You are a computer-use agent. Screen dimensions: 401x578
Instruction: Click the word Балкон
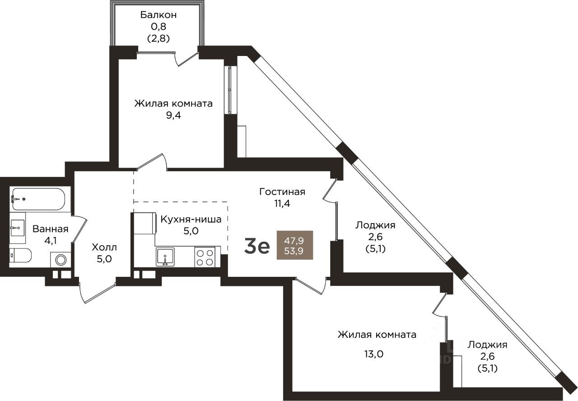pyautogui.click(x=158, y=15)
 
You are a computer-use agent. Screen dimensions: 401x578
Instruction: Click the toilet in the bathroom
pyautogui.click(x=20, y=256)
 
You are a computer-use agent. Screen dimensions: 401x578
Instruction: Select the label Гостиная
pyautogui.click(x=282, y=191)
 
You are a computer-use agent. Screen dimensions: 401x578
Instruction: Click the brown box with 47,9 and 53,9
pyautogui.click(x=294, y=244)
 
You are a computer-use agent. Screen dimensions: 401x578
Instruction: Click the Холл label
pyautogui.click(x=104, y=247)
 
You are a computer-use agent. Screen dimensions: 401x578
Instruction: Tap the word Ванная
pyautogui.click(x=50, y=228)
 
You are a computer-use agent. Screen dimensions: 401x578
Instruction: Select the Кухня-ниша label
pyautogui.click(x=191, y=220)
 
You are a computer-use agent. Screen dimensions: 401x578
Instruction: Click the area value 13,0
pyautogui.click(x=373, y=354)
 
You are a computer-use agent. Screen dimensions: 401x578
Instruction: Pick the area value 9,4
pyautogui.click(x=173, y=115)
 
